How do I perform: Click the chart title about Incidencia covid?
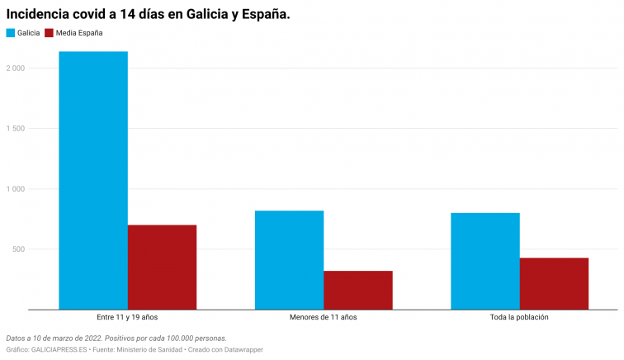149,14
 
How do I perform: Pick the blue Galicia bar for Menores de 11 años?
289,260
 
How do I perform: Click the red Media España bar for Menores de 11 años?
357,290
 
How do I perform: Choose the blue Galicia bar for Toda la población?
485,261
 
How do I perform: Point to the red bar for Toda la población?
554,283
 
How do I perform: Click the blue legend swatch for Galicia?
11,33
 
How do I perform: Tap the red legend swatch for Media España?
50,33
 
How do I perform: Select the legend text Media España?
79,33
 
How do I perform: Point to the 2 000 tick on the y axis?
15,68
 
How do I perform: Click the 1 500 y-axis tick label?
15,129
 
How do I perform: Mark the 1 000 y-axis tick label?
15,189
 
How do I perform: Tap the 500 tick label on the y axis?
19,249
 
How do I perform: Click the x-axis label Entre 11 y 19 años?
127,317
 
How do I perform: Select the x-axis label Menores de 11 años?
324,317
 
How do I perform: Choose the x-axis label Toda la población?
519,317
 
